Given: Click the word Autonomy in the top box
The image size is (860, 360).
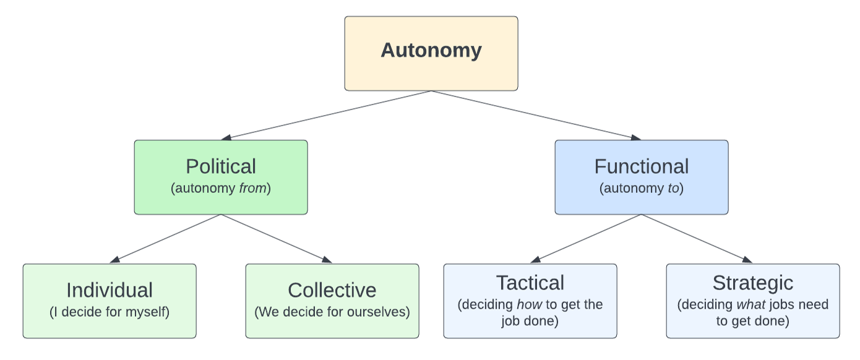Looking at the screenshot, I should click(431, 50).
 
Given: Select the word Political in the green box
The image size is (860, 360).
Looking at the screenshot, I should click(221, 166).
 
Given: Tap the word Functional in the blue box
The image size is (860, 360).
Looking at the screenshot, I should click(642, 166).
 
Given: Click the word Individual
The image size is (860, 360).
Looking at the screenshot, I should click(110, 290).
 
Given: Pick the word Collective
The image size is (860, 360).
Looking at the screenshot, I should click(332, 290).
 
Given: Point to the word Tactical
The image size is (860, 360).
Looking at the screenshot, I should click(530, 283).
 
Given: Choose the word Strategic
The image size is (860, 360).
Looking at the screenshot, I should click(753, 283).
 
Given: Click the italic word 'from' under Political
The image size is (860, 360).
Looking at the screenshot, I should click(253, 189).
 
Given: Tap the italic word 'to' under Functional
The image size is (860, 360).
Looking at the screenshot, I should click(673, 189).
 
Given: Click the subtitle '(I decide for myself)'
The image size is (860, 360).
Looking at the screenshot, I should click(110, 312).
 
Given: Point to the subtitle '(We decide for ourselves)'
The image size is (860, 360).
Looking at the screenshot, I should click(332, 312).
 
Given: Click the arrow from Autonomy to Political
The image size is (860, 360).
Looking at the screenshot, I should click(326, 115).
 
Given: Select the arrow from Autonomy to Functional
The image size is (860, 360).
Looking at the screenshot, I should click(536, 115).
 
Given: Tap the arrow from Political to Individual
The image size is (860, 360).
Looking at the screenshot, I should click(165, 239).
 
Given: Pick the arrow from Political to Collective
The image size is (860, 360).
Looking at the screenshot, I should click(277, 239).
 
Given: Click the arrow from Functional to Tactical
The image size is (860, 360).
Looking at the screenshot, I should click(586, 239).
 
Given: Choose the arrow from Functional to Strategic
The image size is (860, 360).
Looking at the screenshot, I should click(697, 239).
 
